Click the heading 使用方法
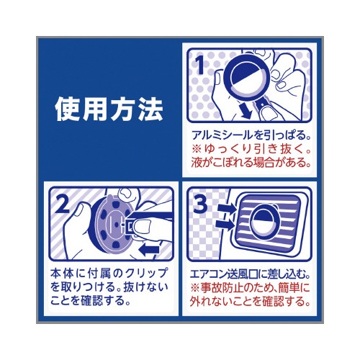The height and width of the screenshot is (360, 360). (109, 109)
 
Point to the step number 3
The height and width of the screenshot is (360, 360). (200, 203)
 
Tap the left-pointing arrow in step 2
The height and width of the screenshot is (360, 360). (149, 250)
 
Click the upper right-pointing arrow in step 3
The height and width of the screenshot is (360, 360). (227, 209)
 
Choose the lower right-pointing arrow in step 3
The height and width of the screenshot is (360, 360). (225, 225)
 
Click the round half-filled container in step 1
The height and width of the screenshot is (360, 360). (247, 76)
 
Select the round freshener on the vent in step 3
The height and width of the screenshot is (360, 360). (264, 222)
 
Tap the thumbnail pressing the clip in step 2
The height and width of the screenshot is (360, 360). (141, 228)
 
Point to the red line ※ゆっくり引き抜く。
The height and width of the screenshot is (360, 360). (251, 149)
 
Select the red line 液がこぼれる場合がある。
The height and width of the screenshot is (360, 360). (251, 163)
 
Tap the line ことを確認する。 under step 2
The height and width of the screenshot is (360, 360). (91, 300)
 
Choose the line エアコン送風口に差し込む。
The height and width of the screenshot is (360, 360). (250, 274)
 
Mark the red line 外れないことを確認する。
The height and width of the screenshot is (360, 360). (250, 302)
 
